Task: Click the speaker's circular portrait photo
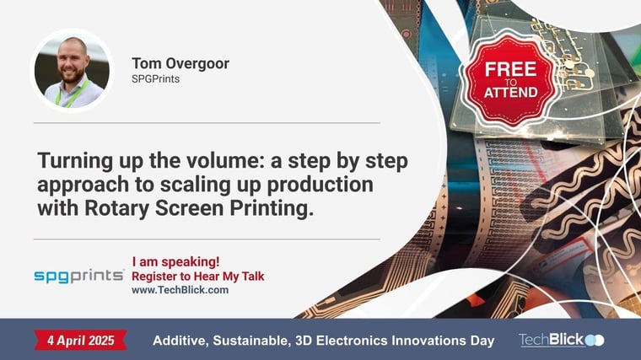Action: [x=72, y=71]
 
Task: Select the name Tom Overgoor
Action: [x=180, y=63]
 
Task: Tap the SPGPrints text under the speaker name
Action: [x=156, y=79]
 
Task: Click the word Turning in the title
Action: [x=75, y=161]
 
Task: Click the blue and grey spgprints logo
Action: [x=79, y=277]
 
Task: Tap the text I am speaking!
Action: [x=175, y=261]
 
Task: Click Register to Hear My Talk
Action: [x=198, y=277]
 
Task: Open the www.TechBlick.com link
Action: [x=180, y=290]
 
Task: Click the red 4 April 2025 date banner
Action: [x=80, y=341]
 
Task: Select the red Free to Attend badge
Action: [x=510, y=80]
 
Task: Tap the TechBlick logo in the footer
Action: [x=561, y=340]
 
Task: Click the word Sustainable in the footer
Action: [x=251, y=341]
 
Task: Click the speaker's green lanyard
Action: [x=73, y=94]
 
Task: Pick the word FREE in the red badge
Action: [x=510, y=69]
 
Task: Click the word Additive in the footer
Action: [x=180, y=341]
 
